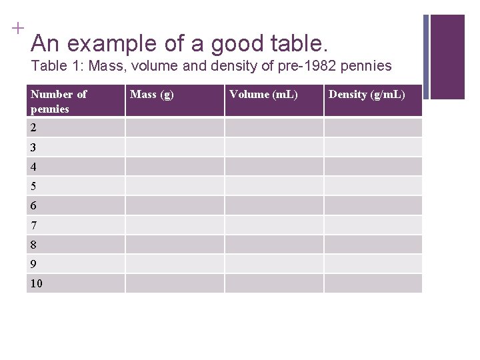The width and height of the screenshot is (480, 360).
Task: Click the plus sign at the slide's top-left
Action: click(x=17, y=28)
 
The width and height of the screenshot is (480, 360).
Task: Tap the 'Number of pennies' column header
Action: click(x=59, y=101)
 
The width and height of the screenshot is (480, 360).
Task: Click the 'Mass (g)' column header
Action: click(x=152, y=94)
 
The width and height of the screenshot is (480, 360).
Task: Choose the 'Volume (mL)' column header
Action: click(x=263, y=94)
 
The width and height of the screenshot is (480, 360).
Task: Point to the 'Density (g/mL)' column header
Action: click(x=367, y=94)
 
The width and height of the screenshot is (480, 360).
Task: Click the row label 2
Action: click(x=33, y=127)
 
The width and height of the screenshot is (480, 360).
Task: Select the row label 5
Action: click(x=33, y=186)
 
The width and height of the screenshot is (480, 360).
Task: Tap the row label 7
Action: click(x=33, y=225)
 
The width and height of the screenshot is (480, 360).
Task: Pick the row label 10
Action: click(x=36, y=284)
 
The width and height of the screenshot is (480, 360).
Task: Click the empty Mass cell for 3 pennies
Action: click(x=175, y=147)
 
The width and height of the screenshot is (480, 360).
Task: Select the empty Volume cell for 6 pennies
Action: click(x=274, y=205)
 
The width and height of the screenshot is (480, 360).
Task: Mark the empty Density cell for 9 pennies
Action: click(x=373, y=264)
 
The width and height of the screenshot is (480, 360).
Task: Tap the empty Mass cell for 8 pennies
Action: click(x=175, y=245)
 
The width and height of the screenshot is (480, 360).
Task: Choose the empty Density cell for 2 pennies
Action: click(x=373, y=127)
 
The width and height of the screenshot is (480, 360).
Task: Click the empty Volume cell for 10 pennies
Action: click(x=274, y=284)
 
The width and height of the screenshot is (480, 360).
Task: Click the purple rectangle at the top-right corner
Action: click(x=447, y=57)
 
